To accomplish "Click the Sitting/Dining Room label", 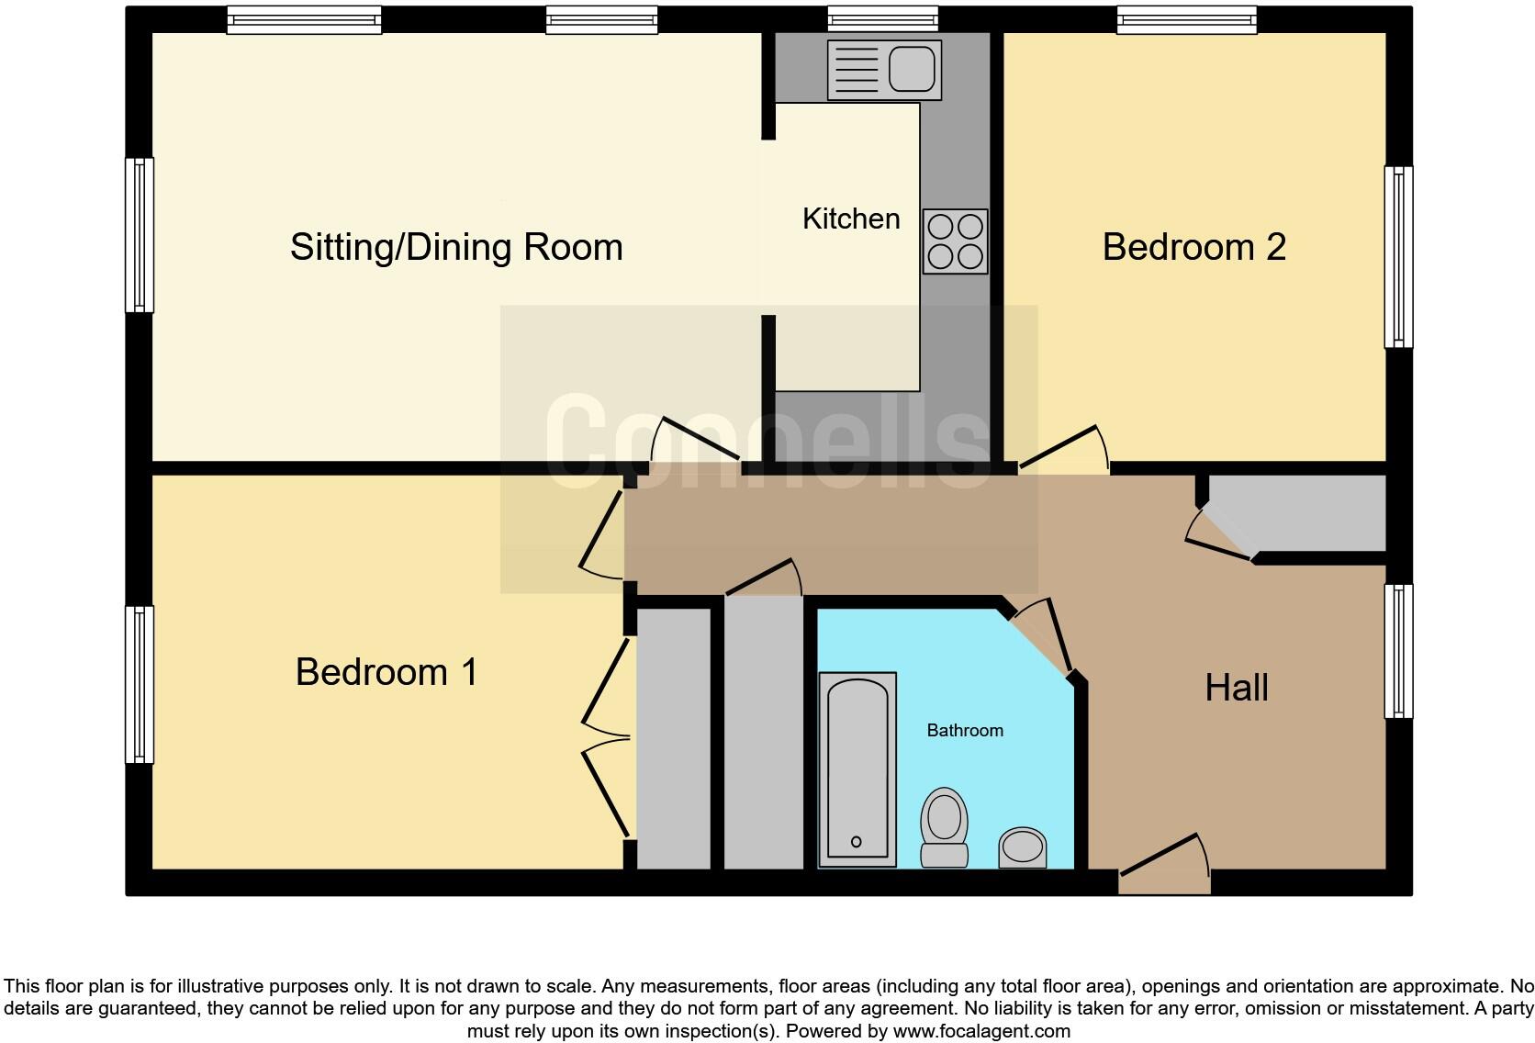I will click(456, 248).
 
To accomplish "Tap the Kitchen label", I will click(850, 219).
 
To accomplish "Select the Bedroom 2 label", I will click(1193, 248).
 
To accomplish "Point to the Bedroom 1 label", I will click(387, 672).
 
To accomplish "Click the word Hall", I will click(1236, 688).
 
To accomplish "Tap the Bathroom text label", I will click(964, 731).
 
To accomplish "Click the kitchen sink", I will click(884, 70).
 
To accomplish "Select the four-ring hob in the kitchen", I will click(955, 241).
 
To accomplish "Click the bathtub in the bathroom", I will click(857, 768).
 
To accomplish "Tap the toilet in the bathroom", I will click(944, 825).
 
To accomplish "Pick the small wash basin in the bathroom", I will click(1022, 847).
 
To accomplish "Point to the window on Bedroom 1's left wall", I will click(140, 684).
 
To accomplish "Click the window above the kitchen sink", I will click(882, 18).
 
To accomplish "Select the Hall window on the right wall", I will click(1397, 651).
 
